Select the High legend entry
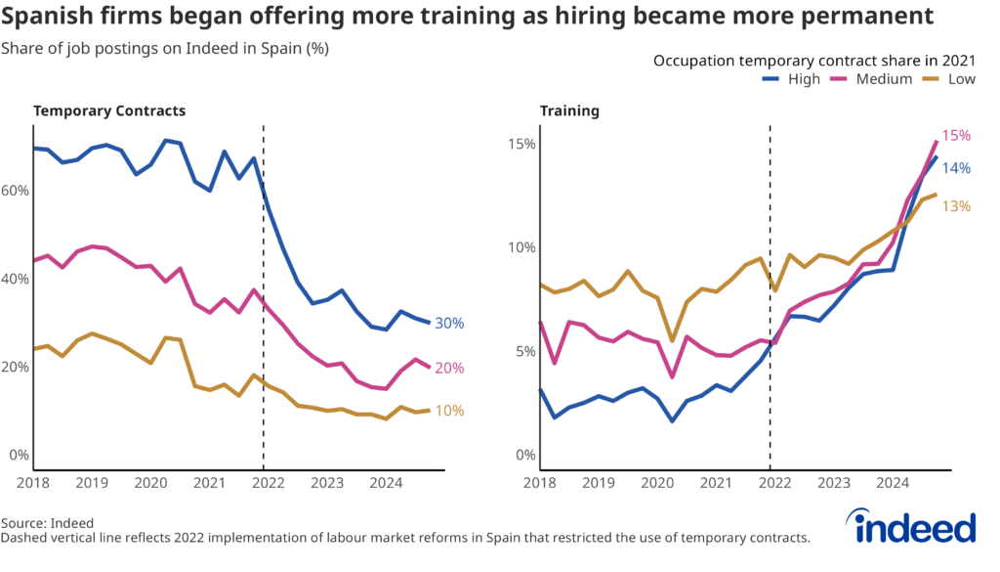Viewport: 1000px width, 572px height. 791,79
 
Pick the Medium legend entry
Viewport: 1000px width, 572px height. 872,79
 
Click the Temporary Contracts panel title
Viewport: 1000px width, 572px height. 109,110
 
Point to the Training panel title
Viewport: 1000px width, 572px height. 569,110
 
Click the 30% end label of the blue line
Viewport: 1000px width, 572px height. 449,324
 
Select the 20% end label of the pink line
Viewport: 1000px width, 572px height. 449,369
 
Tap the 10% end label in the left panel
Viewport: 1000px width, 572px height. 449,412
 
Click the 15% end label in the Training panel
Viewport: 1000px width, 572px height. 955,137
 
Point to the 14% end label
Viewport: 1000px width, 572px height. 956,168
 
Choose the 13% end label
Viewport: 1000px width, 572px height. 956,206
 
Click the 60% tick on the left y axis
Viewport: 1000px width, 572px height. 16,191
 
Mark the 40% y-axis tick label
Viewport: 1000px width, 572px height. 16,279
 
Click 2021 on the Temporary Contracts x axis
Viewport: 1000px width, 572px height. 208,483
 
